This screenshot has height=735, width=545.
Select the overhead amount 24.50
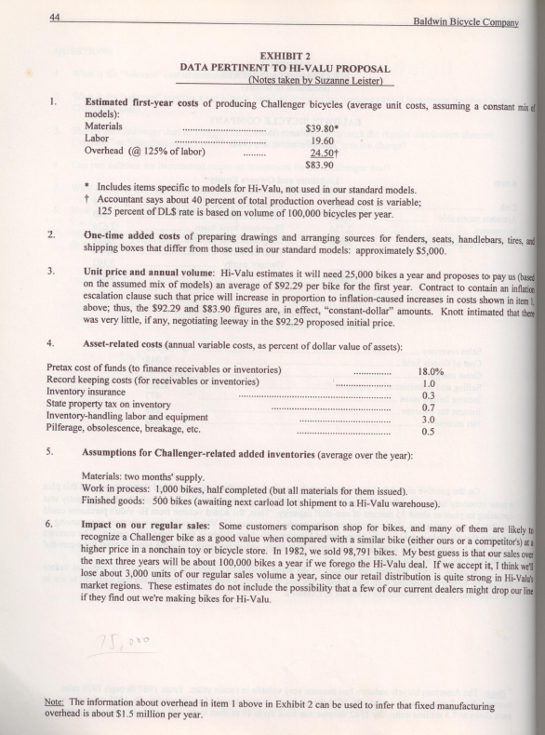click(x=324, y=154)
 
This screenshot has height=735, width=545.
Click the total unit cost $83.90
click(x=321, y=166)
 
